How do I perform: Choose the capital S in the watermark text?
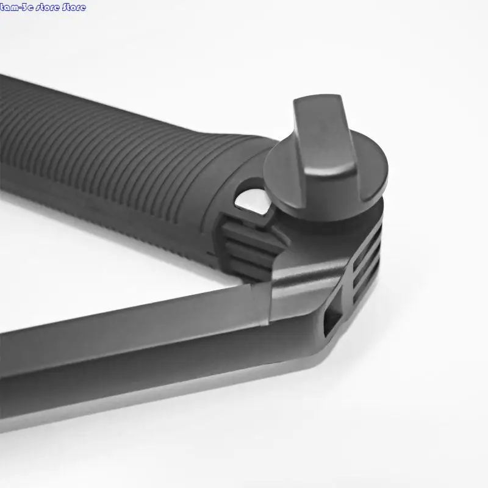[x=66, y=7]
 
